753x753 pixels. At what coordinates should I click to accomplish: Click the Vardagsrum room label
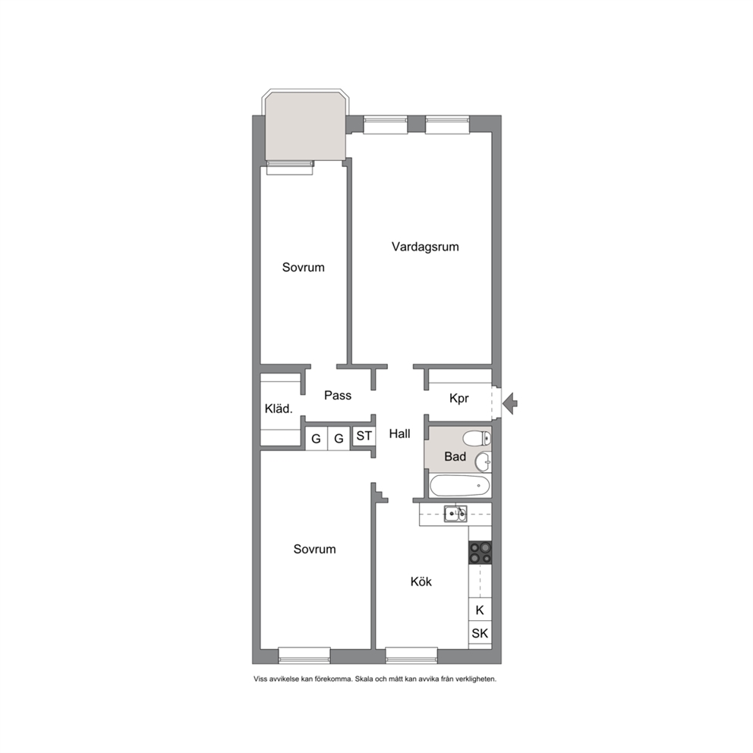(425, 247)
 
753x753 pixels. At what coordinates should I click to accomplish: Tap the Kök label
(421, 581)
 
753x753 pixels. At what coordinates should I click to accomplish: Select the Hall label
(399, 433)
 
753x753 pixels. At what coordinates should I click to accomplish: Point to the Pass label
(338, 395)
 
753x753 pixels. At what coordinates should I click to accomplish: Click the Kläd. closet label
(279, 408)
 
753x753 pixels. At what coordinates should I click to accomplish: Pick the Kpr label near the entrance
(459, 398)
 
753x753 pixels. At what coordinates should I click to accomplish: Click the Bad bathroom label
(455, 456)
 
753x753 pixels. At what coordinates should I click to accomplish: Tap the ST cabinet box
(364, 436)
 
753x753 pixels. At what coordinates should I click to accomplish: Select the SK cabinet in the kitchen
(480, 633)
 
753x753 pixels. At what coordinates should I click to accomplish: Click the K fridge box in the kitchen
(480, 610)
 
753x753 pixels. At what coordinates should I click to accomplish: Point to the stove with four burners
(480, 553)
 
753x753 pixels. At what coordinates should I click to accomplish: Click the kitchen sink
(455, 514)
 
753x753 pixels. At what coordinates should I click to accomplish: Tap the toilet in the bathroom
(477, 438)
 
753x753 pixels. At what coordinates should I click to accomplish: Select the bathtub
(460, 486)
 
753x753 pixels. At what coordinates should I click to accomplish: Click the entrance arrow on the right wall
(510, 403)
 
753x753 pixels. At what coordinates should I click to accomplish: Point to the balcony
(305, 127)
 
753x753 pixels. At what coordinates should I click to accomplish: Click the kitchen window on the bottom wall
(411, 655)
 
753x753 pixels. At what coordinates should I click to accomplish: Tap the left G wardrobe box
(316, 439)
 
